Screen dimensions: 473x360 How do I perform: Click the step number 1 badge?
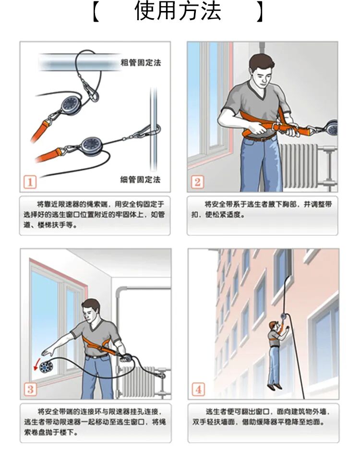30,182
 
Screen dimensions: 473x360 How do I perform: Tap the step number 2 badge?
197,182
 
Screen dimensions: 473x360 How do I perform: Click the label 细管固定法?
140,180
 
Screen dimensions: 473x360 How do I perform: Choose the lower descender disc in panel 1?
90,144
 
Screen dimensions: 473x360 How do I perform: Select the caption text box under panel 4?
263,423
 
